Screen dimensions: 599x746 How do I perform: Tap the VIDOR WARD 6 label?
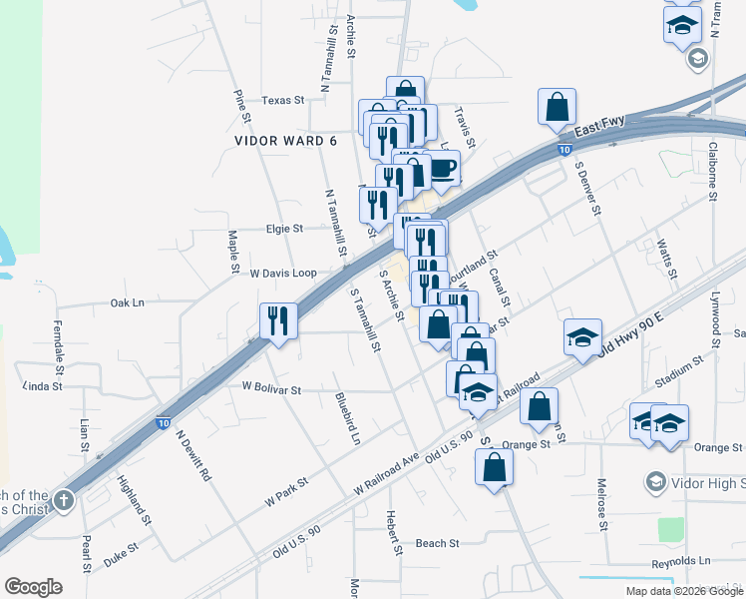point(286,141)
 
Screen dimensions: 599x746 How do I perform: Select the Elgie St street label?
point(284,229)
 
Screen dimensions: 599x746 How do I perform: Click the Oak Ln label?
point(127,302)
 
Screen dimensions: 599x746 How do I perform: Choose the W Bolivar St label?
point(271,389)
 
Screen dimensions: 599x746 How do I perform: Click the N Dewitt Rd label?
point(193,456)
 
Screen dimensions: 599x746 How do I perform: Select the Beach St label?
point(437,544)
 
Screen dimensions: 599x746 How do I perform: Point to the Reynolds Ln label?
point(680,561)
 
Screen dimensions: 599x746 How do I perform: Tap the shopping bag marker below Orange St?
point(495,466)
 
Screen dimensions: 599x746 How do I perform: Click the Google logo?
point(33,587)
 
